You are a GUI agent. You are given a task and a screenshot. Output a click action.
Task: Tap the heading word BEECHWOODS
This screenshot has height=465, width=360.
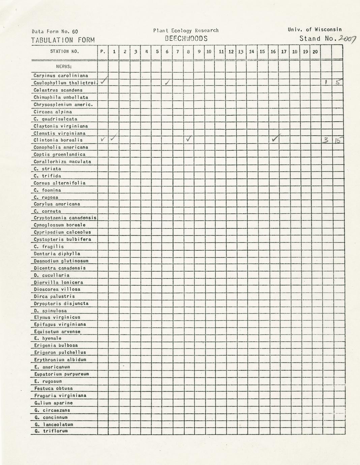(186, 38)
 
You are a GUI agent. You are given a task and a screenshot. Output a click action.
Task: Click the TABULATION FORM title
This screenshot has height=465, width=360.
(63, 40)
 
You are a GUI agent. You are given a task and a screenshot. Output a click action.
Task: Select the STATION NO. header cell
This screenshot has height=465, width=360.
(64, 52)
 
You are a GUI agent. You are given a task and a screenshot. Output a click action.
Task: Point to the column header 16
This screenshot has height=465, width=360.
(273, 52)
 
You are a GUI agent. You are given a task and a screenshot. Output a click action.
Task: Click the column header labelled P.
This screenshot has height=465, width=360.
(103, 52)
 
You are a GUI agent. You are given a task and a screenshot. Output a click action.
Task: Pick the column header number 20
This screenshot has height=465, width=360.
(315, 52)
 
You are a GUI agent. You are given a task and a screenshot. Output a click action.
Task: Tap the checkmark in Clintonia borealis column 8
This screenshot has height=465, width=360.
(189, 138)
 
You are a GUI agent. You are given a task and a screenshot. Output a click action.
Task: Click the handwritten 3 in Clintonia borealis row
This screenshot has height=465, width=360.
(325, 140)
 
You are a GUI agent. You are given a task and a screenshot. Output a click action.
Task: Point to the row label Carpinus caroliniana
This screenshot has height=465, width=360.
(61, 75)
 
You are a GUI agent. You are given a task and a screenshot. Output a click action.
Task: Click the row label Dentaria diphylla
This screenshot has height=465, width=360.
(57, 254)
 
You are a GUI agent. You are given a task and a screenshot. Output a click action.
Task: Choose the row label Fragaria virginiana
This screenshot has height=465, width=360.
(60, 396)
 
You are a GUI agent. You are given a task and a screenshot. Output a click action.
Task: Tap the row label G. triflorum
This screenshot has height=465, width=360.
(51, 431)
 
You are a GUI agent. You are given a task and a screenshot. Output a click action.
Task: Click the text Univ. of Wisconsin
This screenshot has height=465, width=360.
(315, 30)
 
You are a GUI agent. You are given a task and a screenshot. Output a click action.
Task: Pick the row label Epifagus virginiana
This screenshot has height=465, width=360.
(60, 324)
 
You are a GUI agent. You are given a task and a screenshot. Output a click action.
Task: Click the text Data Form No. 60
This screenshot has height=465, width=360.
(55, 32)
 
